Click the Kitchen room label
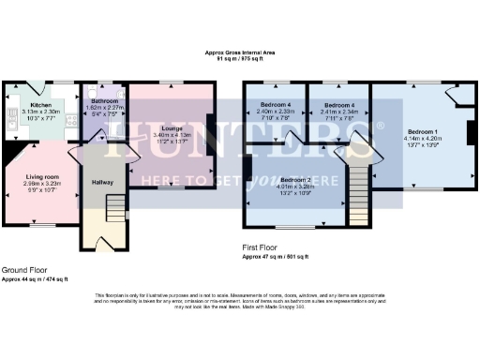(41, 105)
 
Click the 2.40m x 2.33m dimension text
(277, 112)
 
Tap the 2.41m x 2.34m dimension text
(337, 112)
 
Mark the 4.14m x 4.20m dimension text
(423, 138)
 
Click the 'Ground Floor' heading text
(21, 269)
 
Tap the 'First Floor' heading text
(260, 247)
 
